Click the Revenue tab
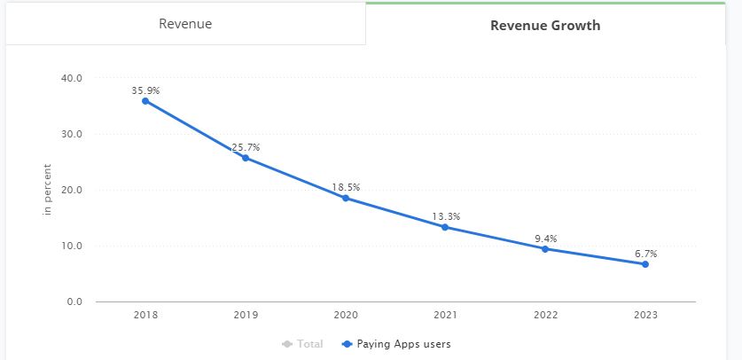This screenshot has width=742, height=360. pyautogui.click(x=185, y=24)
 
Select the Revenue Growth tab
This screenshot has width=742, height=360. pyautogui.click(x=545, y=26)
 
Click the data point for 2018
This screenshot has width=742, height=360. pyautogui.click(x=145, y=101)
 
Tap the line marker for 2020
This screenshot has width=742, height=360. pyautogui.click(x=346, y=198)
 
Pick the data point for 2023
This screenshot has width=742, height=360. pyautogui.click(x=645, y=264)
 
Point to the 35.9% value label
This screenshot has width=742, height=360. pyautogui.click(x=145, y=90)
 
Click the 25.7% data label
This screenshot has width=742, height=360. pyautogui.click(x=246, y=147)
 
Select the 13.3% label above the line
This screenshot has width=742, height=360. pyautogui.click(x=446, y=216)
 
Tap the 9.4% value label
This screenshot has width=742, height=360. pyautogui.click(x=545, y=239)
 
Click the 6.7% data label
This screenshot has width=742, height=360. pyautogui.click(x=645, y=254)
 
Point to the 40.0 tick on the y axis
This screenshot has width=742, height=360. pyautogui.click(x=72, y=78)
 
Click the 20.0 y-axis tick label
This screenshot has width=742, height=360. pyautogui.click(x=72, y=190)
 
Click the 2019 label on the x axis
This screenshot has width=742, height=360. pyautogui.click(x=246, y=315)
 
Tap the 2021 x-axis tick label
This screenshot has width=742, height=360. pyautogui.click(x=446, y=315)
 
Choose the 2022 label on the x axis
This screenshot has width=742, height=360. pyautogui.click(x=545, y=315)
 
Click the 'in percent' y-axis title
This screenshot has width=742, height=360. pyautogui.click(x=48, y=190)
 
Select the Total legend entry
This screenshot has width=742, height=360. pyautogui.click(x=304, y=344)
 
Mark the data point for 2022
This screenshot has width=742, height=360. pyautogui.click(x=545, y=249)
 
